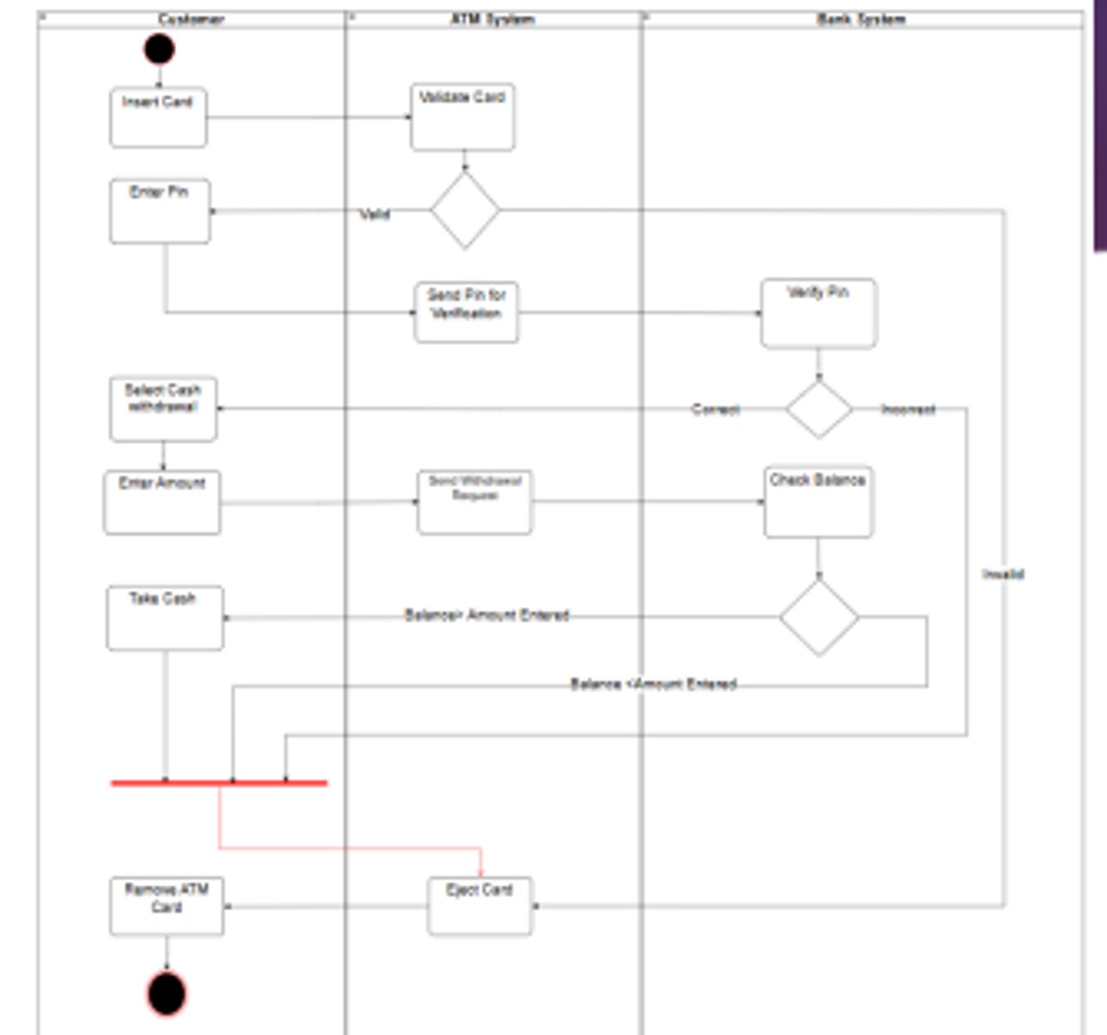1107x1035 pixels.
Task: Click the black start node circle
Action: tap(159, 48)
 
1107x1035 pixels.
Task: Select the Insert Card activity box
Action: tap(159, 116)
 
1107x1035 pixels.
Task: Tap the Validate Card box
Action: tap(463, 116)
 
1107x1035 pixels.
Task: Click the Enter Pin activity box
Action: tap(159, 211)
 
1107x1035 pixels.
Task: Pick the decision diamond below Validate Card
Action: tap(465, 210)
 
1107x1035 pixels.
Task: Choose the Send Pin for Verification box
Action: tap(466, 311)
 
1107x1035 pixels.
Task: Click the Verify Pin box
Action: tap(818, 312)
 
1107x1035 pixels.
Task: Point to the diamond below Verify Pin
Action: tap(819, 409)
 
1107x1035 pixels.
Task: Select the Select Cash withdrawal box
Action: tap(163, 408)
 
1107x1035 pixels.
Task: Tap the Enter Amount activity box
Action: tap(162, 502)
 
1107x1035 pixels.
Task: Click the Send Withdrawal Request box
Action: tap(475, 502)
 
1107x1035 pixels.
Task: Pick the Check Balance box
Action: tap(818, 502)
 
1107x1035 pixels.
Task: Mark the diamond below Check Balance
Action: tap(819, 617)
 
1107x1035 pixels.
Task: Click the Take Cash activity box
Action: tap(165, 618)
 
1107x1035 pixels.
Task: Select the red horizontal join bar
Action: tap(219, 783)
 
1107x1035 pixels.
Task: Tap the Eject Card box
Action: tap(479, 906)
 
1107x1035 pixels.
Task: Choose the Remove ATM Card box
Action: tap(166, 906)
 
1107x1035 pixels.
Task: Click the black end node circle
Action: tap(166, 993)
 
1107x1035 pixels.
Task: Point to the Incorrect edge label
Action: tap(908, 410)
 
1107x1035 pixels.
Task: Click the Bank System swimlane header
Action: tap(861, 19)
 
